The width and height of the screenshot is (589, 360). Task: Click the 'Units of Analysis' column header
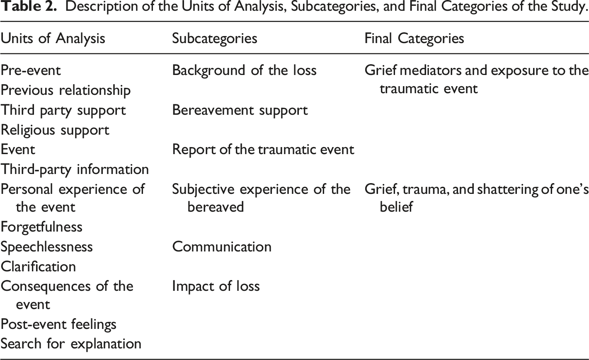tap(53, 39)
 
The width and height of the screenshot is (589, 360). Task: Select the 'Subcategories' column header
tap(215, 39)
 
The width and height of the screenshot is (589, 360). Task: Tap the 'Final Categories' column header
tap(414, 39)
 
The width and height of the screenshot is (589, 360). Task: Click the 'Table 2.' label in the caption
tap(29, 6)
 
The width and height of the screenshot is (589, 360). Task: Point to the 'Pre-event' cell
tap(31, 70)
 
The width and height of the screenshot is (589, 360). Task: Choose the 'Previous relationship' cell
tap(65, 91)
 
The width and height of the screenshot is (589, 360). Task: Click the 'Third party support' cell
tap(63, 110)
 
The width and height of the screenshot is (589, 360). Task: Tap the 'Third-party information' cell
tap(75, 169)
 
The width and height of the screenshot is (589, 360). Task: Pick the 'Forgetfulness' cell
tap(41, 227)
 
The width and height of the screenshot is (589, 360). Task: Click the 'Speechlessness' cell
tap(46, 247)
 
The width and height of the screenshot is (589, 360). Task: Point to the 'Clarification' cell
tap(38, 266)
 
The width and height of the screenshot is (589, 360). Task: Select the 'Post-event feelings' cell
tap(58, 324)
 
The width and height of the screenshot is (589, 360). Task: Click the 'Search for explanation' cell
tap(71, 344)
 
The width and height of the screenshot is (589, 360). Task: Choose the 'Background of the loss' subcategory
tap(244, 70)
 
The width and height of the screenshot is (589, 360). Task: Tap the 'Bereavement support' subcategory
tap(240, 110)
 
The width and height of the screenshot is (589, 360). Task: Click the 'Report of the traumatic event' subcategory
tap(263, 150)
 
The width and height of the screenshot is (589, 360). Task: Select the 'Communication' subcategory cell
tap(222, 247)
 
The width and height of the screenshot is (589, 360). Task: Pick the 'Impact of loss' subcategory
tap(216, 286)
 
